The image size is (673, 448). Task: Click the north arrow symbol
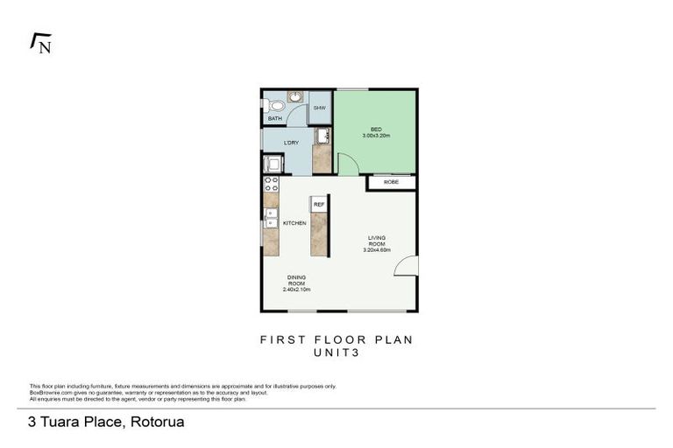40,43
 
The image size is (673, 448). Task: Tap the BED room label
376,129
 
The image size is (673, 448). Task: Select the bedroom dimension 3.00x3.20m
376,136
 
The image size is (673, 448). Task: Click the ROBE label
391,182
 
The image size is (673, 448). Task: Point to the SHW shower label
319,108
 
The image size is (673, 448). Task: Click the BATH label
274,118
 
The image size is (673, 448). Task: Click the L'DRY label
292,143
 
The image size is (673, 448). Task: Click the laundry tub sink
322,136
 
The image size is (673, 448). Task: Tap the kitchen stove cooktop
271,184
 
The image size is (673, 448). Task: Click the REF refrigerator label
319,205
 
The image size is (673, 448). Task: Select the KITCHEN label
294,224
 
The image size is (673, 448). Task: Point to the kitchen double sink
271,219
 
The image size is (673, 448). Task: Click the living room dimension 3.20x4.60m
377,250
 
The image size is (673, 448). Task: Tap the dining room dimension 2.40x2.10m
297,289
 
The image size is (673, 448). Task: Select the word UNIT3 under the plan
336,353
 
